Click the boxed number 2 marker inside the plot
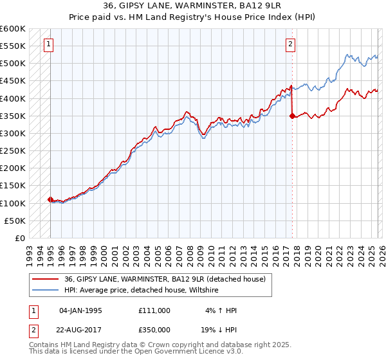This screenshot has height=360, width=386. pos(291,44)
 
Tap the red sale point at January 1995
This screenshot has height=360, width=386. pos(50,199)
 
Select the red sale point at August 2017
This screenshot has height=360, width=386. pos(292,116)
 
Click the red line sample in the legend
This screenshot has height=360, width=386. pos(46,279)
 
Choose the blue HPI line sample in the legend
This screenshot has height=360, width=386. pos(46,291)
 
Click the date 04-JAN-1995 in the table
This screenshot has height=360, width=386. pos(80,310)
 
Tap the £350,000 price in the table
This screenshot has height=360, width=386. pos(154,328)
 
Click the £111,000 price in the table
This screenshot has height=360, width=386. pos(154,310)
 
